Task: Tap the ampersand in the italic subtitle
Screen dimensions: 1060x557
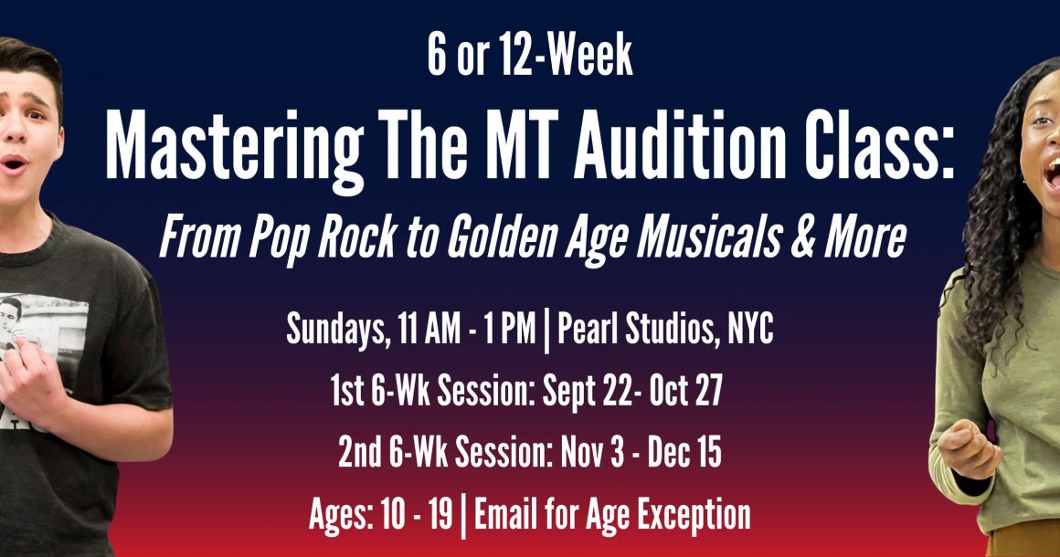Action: (802, 236)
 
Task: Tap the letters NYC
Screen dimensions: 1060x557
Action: (750, 329)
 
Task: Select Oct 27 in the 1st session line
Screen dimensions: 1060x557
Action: (686, 390)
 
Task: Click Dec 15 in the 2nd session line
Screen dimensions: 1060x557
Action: (684, 452)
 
